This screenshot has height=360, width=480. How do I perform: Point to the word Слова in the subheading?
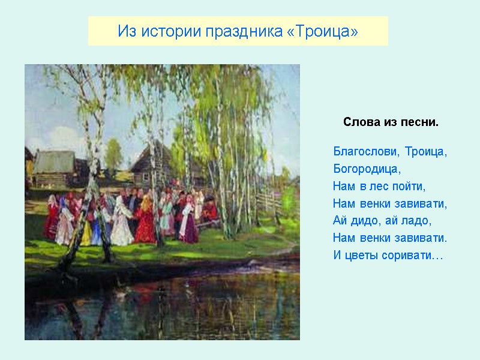point(359,122)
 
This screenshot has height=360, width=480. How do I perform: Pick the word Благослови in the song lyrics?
point(366,151)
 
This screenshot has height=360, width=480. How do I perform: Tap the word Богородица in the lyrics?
point(367,169)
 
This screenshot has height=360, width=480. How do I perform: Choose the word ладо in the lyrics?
point(418,221)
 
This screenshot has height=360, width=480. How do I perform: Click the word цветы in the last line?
point(362,256)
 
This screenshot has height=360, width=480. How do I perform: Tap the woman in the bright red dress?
point(145,222)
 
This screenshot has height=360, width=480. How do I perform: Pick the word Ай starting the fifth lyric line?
point(340,221)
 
